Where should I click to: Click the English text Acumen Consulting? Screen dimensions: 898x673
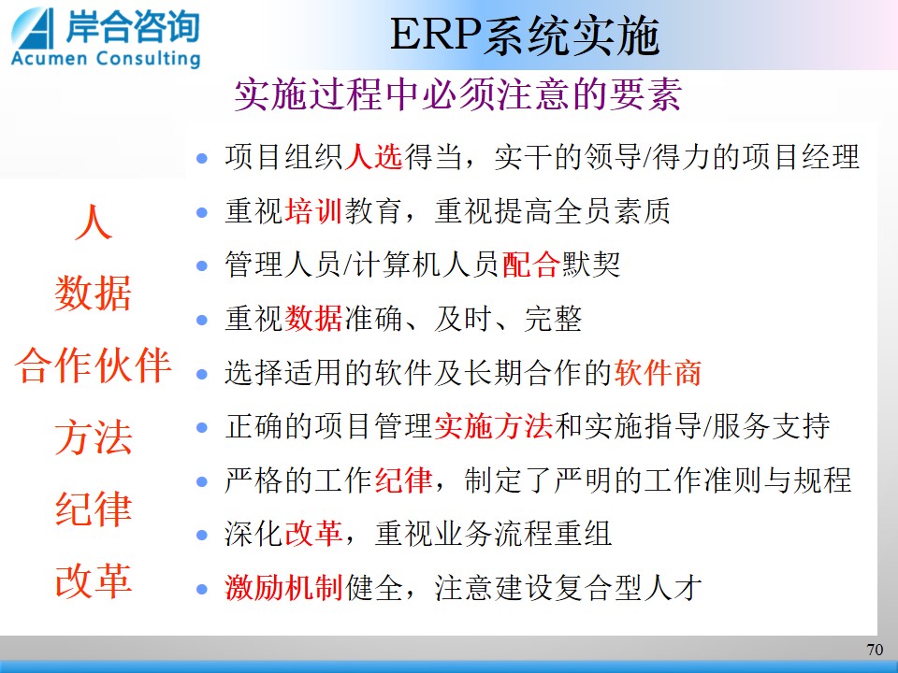[x=106, y=59]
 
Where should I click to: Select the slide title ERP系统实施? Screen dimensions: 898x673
[x=525, y=36]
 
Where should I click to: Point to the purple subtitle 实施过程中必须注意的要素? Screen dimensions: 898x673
[x=458, y=94]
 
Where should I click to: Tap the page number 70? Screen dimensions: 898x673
[x=875, y=650]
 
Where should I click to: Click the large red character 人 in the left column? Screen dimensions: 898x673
[x=94, y=222]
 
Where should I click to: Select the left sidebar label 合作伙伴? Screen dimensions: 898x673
[x=94, y=365]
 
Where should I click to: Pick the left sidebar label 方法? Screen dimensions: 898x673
[x=94, y=437]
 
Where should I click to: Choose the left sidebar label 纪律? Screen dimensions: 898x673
[x=94, y=508]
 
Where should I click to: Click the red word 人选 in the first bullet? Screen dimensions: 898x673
[x=374, y=157]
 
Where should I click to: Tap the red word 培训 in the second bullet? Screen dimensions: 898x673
[x=314, y=211]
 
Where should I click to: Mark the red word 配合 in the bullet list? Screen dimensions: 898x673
[x=531, y=265]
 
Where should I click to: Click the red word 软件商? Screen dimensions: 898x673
[x=658, y=373]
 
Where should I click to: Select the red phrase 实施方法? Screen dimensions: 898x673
[x=494, y=426]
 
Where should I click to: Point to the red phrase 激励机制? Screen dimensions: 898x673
[x=284, y=588]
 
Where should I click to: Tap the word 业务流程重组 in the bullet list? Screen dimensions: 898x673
[x=524, y=534]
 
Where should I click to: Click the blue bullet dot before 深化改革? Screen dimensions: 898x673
[x=202, y=535]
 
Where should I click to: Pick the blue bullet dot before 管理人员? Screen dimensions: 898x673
[x=202, y=266]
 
